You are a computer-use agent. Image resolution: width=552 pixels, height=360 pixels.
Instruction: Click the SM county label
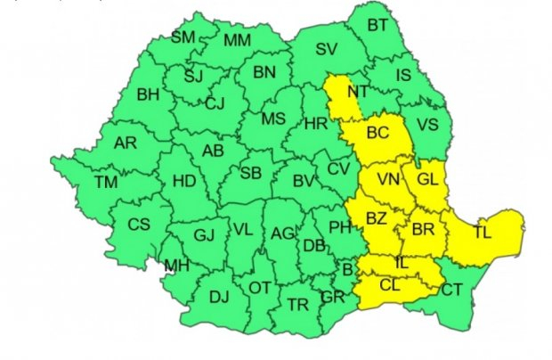tap(183, 37)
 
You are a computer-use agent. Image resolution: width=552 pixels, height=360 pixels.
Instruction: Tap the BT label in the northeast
tap(378, 24)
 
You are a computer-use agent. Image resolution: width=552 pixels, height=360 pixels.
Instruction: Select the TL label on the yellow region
tap(482, 233)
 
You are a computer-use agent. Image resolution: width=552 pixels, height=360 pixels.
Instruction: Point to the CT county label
tap(452, 289)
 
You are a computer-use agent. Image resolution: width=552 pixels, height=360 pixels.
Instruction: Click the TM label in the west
tap(106, 183)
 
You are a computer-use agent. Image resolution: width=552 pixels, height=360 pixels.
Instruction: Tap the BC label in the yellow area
tap(378, 134)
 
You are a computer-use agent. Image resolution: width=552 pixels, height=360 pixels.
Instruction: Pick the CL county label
tap(390, 287)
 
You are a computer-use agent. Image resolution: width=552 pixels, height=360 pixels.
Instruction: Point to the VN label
tap(388, 181)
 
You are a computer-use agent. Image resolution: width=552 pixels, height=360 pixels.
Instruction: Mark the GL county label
tap(427, 178)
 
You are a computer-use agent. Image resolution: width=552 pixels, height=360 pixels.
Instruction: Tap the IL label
tap(402, 263)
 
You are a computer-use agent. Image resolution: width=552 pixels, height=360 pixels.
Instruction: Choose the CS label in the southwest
tap(139, 225)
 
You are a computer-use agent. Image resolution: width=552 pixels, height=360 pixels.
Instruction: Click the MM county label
tap(237, 41)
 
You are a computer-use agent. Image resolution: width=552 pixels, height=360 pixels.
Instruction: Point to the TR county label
tap(297, 305)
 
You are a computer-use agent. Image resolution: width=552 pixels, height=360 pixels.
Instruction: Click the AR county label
tap(126, 142)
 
